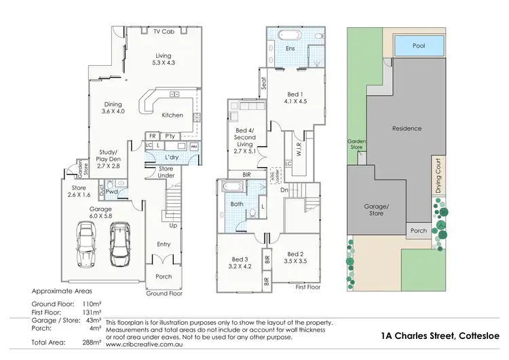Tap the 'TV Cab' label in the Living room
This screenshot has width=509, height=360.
tap(162, 32)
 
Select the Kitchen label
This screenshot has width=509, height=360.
tap(172, 115)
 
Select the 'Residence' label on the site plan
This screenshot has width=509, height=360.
tap(407, 128)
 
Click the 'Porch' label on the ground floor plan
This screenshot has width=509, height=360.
tap(164, 276)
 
